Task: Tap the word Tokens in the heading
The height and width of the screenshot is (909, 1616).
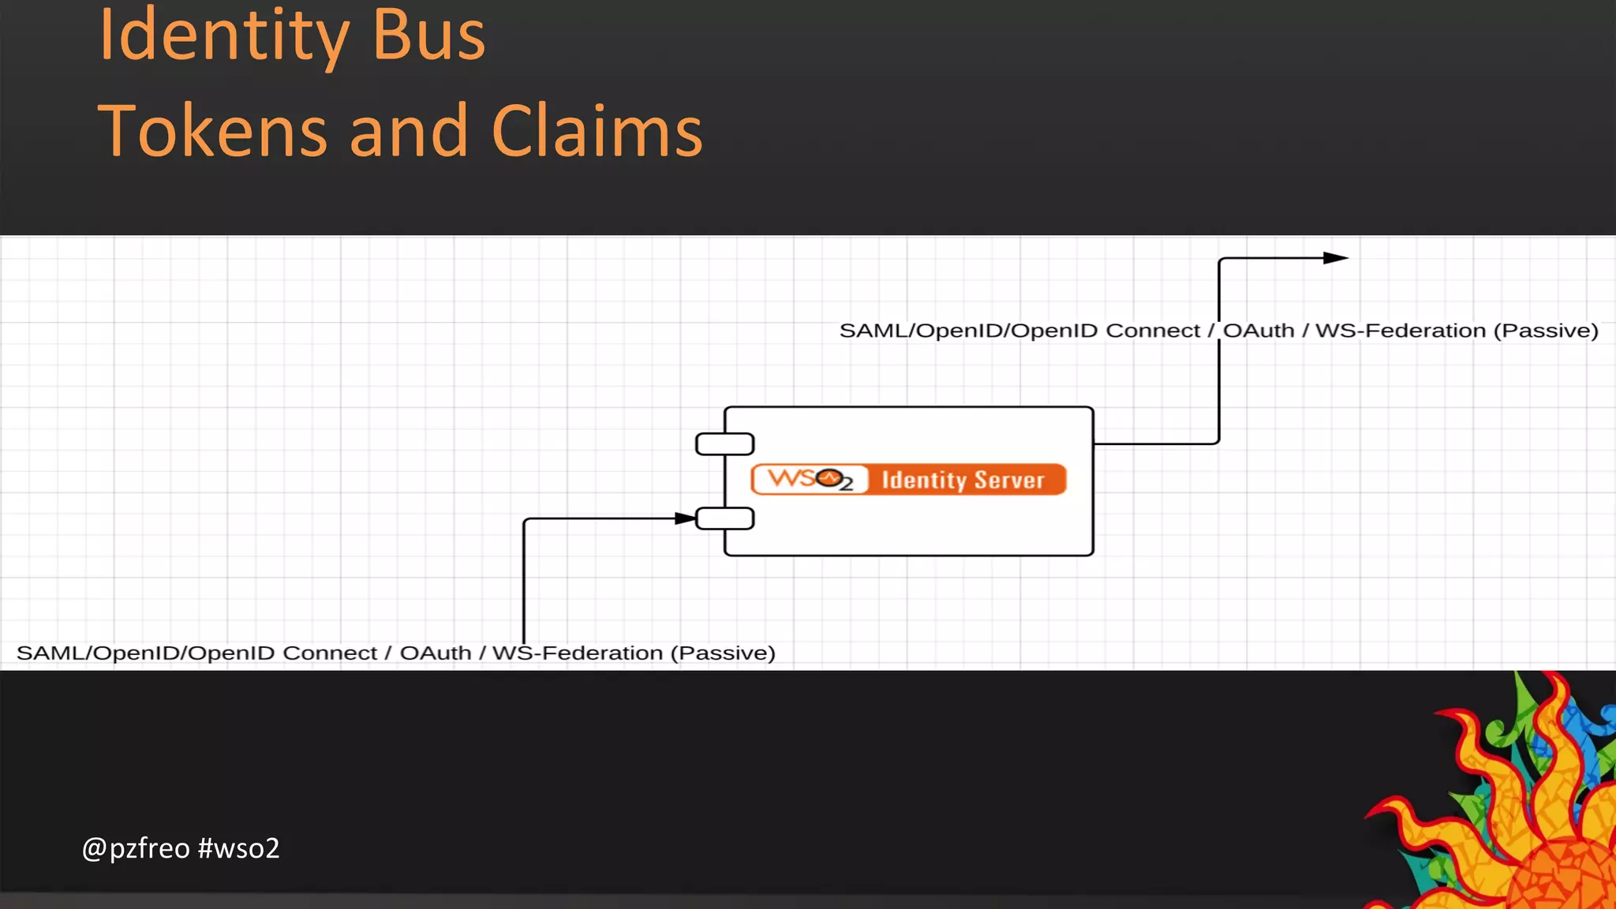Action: point(211,131)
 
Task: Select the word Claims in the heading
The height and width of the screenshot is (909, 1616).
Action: point(597,131)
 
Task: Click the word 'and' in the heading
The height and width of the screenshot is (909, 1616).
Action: point(409,131)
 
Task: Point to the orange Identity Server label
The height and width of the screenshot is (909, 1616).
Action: point(963,480)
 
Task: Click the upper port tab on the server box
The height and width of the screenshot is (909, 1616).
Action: point(724,444)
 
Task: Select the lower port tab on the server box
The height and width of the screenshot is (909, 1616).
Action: point(724,518)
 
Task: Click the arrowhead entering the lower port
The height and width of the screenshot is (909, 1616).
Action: point(685,518)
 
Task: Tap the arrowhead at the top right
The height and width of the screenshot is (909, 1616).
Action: point(1335,258)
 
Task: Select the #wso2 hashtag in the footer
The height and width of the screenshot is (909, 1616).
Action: point(239,848)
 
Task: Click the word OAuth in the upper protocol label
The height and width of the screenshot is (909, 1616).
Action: point(1259,331)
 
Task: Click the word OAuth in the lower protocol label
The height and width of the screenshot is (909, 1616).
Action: point(436,653)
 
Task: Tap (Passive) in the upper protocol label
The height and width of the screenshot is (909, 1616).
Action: point(1546,331)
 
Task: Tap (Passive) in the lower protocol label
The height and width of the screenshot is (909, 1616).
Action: point(723,653)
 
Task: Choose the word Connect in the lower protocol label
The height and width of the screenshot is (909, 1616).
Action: point(330,653)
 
